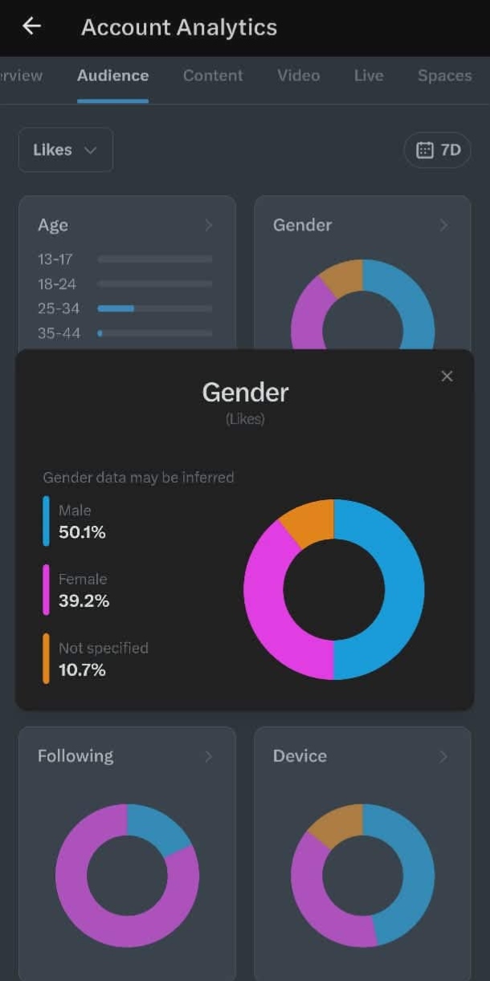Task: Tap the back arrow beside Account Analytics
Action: pyautogui.click(x=31, y=26)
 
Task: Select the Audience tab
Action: pyautogui.click(x=112, y=75)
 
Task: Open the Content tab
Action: pyautogui.click(x=213, y=75)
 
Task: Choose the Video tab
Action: pyautogui.click(x=299, y=75)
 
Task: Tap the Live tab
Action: pyautogui.click(x=369, y=75)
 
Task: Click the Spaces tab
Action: pyautogui.click(x=445, y=75)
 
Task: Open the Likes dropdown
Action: pyautogui.click(x=66, y=150)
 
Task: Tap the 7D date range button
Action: pyautogui.click(x=438, y=150)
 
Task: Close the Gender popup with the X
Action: pyautogui.click(x=447, y=377)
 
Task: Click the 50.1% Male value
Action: pyautogui.click(x=82, y=532)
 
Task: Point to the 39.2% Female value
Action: pyautogui.click(x=84, y=600)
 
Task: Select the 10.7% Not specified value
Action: pyautogui.click(x=82, y=670)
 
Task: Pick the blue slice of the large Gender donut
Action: pyautogui.click(x=404, y=589)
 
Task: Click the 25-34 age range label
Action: pyautogui.click(x=59, y=308)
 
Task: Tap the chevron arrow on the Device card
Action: pyautogui.click(x=443, y=756)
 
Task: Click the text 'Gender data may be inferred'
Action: pyautogui.click(x=138, y=478)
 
